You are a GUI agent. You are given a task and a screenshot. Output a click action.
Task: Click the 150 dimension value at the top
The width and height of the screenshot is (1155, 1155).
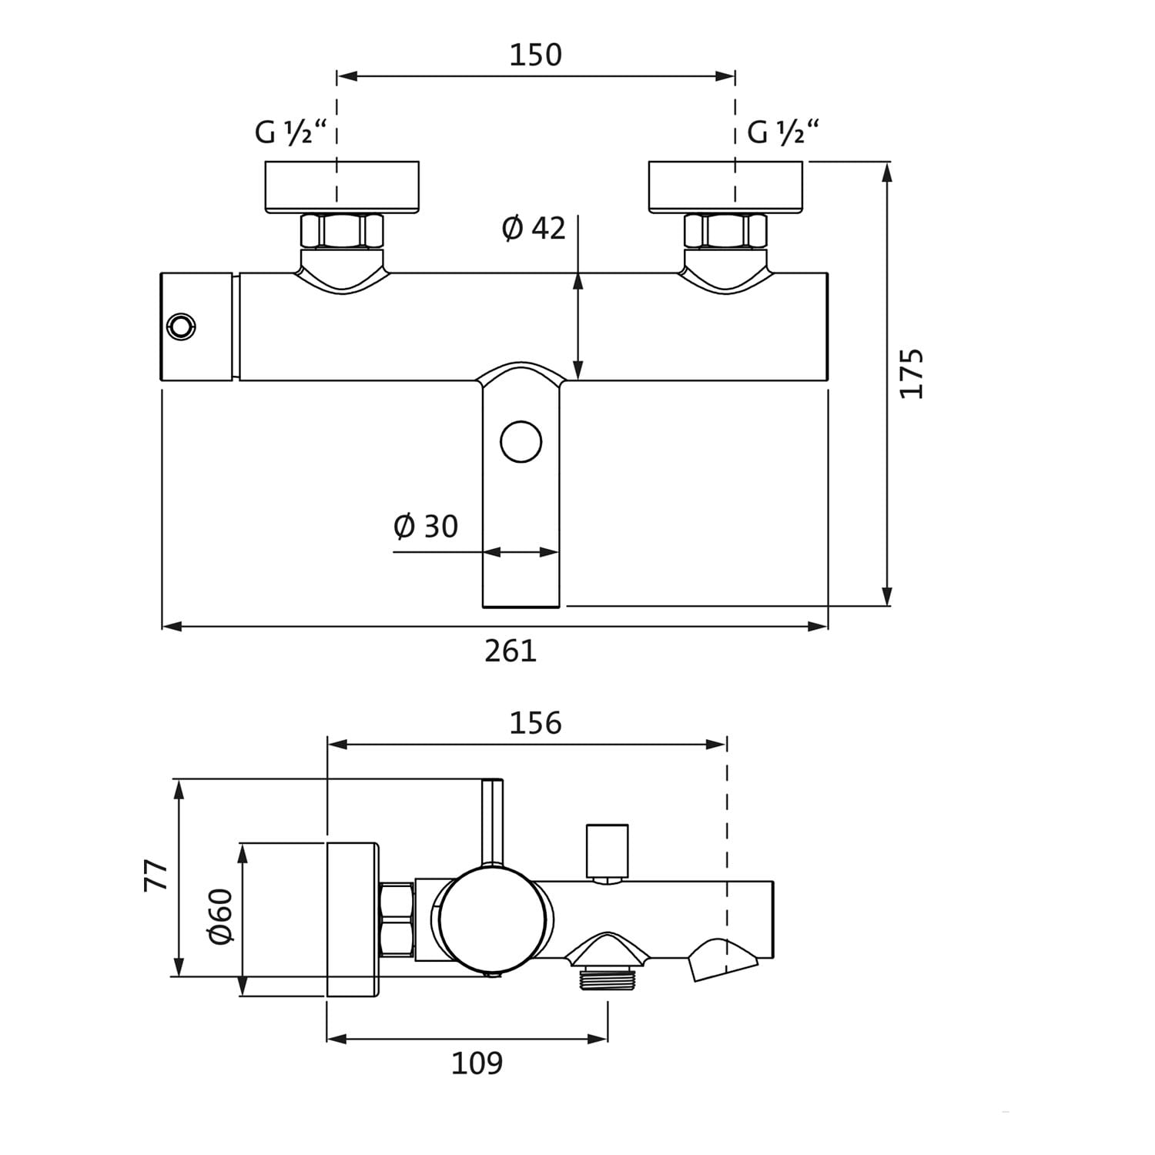pos(536,55)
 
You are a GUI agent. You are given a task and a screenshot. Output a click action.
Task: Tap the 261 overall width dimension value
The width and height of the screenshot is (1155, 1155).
pos(510,651)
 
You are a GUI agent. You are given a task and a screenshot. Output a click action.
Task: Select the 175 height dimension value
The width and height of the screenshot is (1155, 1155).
pos(912,374)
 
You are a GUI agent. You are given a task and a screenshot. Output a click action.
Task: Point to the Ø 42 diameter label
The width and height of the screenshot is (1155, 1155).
pos(534,229)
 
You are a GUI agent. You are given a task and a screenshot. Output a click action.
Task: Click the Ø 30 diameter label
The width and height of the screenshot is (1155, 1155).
pos(426,527)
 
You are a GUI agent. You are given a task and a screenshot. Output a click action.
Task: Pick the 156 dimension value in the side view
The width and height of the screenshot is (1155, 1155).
pos(536,723)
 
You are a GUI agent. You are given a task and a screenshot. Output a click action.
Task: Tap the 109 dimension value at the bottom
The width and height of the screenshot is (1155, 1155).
pos(477,1063)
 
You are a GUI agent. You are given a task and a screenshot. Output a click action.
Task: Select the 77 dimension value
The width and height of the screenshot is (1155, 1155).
pos(157,875)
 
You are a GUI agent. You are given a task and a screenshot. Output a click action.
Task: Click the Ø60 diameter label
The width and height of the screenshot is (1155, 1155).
pos(220,916)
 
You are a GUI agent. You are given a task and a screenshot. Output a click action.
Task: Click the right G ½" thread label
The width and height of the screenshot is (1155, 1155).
pos(782,133)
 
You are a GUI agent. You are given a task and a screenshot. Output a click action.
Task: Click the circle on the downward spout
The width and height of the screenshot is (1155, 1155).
pos(521,442)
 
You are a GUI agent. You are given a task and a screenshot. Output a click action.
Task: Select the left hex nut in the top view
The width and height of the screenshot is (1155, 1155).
pos(341,230)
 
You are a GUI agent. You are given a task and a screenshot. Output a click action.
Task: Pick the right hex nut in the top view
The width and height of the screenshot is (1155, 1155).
pos(725,230)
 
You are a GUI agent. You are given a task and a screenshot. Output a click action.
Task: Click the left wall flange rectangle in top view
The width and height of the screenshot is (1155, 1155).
pos(342,187)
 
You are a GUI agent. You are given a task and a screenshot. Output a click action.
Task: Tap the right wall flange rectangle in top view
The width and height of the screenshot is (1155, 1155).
pos(725,187)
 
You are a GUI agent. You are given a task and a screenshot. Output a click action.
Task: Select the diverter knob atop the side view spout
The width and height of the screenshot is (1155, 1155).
pos(607,852)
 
